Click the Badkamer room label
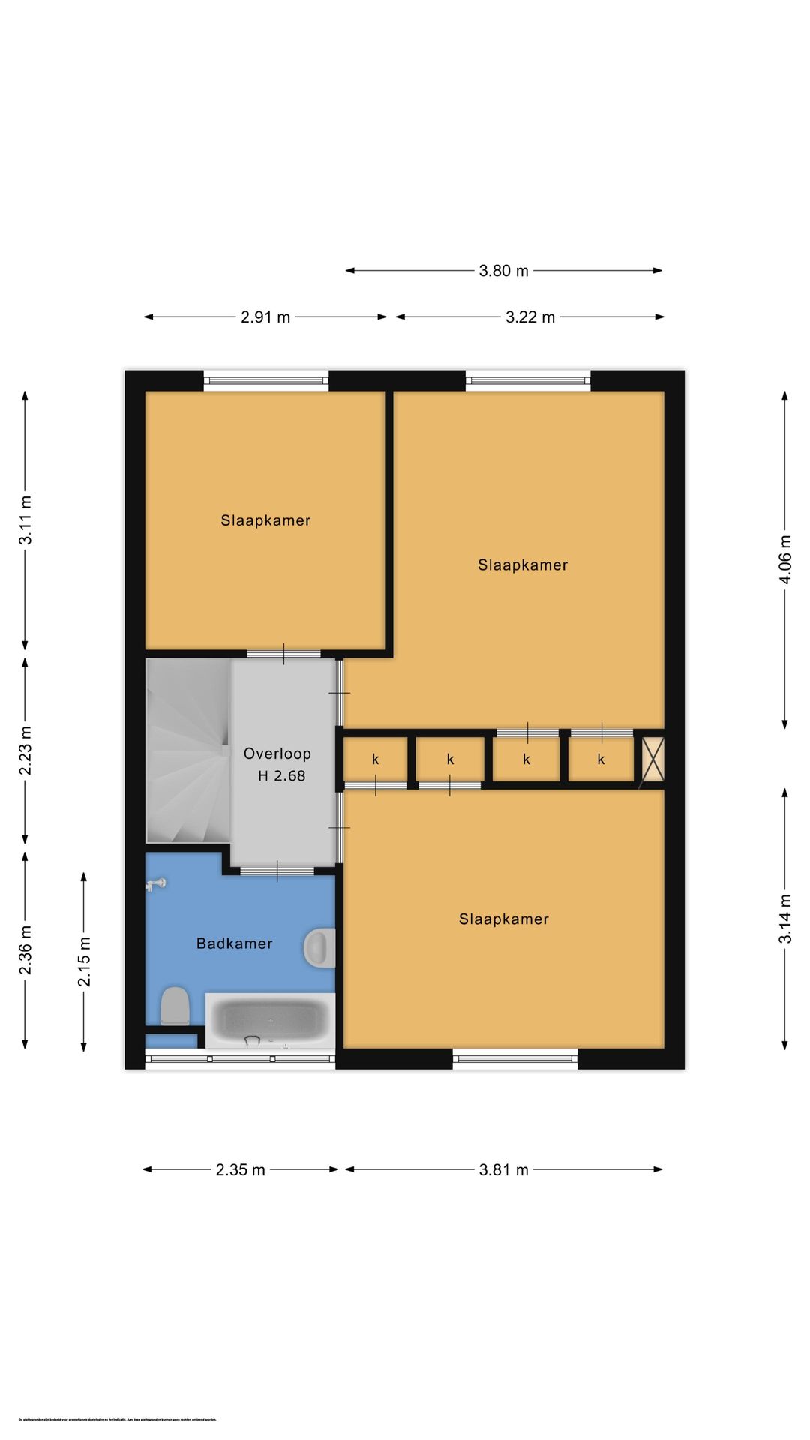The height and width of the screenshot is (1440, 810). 234,943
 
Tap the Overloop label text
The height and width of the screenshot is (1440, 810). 277,754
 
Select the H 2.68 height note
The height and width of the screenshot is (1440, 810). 281,776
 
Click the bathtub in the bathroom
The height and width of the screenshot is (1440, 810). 270,1020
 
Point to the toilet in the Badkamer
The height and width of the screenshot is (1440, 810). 175,1006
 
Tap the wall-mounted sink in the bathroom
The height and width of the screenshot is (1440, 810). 321,947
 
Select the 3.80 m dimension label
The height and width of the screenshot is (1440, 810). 503,271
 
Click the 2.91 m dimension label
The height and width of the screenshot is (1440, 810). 265,317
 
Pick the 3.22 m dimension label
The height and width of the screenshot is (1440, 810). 529,317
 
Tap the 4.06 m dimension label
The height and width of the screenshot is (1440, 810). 785,559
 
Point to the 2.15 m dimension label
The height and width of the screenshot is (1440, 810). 84,961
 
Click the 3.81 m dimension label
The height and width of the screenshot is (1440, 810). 503,1169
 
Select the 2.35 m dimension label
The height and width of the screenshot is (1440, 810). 240,1169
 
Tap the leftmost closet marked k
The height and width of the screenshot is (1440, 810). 375,760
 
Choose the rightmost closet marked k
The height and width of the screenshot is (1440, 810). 601,760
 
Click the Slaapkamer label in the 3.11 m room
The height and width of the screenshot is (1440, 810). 265,520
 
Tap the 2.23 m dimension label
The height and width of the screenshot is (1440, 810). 25,750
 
